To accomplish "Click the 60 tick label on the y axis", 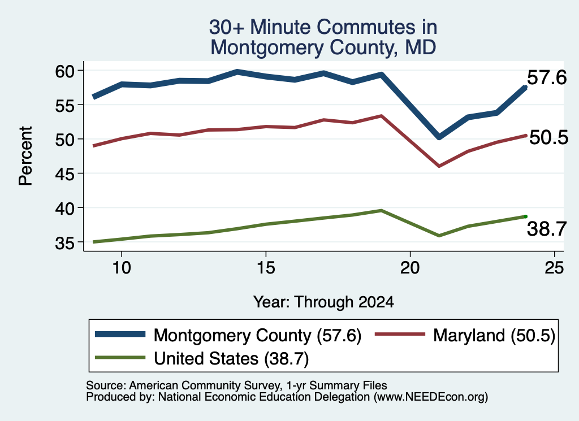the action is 65,71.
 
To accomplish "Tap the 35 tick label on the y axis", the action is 65,243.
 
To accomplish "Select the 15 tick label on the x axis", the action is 266,268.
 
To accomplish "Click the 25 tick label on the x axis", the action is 554,268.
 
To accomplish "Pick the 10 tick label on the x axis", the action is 122,268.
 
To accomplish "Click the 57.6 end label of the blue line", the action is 547,78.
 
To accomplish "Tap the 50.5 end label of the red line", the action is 548,138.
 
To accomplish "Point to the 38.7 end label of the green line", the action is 547,229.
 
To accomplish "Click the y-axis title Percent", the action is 26,156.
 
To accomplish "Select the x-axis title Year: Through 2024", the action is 323,302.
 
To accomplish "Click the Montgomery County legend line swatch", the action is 120,334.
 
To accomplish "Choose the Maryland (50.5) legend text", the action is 494,336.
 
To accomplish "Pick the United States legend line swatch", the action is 120,357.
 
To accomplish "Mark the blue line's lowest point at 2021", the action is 439,137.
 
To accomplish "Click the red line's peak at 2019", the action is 381,116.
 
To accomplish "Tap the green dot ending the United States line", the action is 525,216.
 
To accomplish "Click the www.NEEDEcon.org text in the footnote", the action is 430,397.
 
